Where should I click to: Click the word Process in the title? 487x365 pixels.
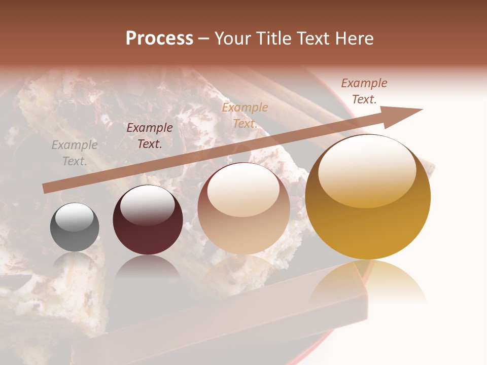[159, 39]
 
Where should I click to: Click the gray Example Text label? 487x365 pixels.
[75, 153]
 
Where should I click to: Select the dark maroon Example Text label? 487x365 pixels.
[150, 136]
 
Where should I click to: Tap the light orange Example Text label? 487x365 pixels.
[245, 115]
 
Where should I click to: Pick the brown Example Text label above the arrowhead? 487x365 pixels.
[364, 91]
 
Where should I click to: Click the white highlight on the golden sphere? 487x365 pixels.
[367, 170]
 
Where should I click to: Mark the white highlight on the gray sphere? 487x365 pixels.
[75, 217]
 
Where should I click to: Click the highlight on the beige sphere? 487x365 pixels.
[243, 189]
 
